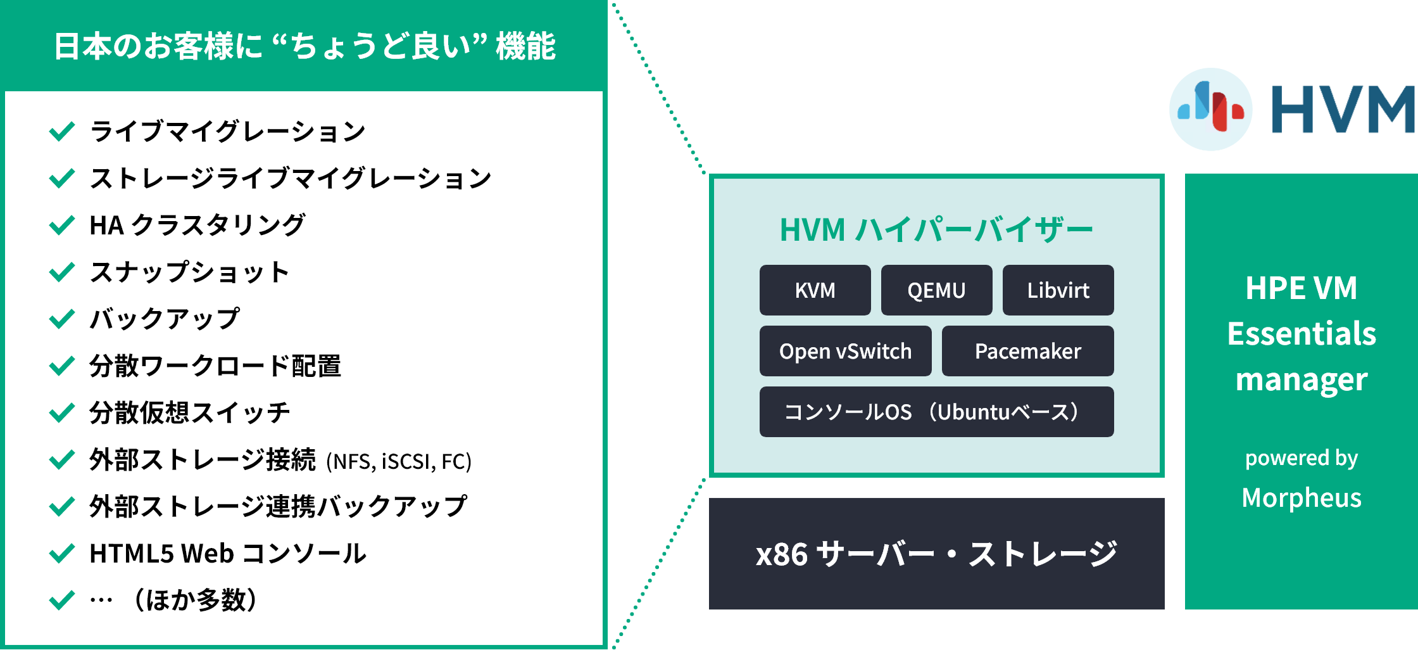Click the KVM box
pos(815,290)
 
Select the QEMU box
pos(936,290)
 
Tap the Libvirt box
pos(1058,290)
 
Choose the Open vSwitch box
pos(845,351)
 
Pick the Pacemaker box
pos(1027,351)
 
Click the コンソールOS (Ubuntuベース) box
pos(936,412)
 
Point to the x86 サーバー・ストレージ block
pos(936,554)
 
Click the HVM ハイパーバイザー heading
pos(936,229)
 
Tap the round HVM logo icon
pos(1210,109)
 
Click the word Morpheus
pos(1302,498)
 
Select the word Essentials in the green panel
pos(1302,334)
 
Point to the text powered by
pos(1302,457)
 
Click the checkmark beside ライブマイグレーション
pos(62,131)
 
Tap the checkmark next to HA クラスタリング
pos(62,225)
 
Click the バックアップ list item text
pos(165,319)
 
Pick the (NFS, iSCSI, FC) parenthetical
pos(399,461)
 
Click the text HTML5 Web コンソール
pos(228,554)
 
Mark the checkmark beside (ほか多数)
pos(62,600)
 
